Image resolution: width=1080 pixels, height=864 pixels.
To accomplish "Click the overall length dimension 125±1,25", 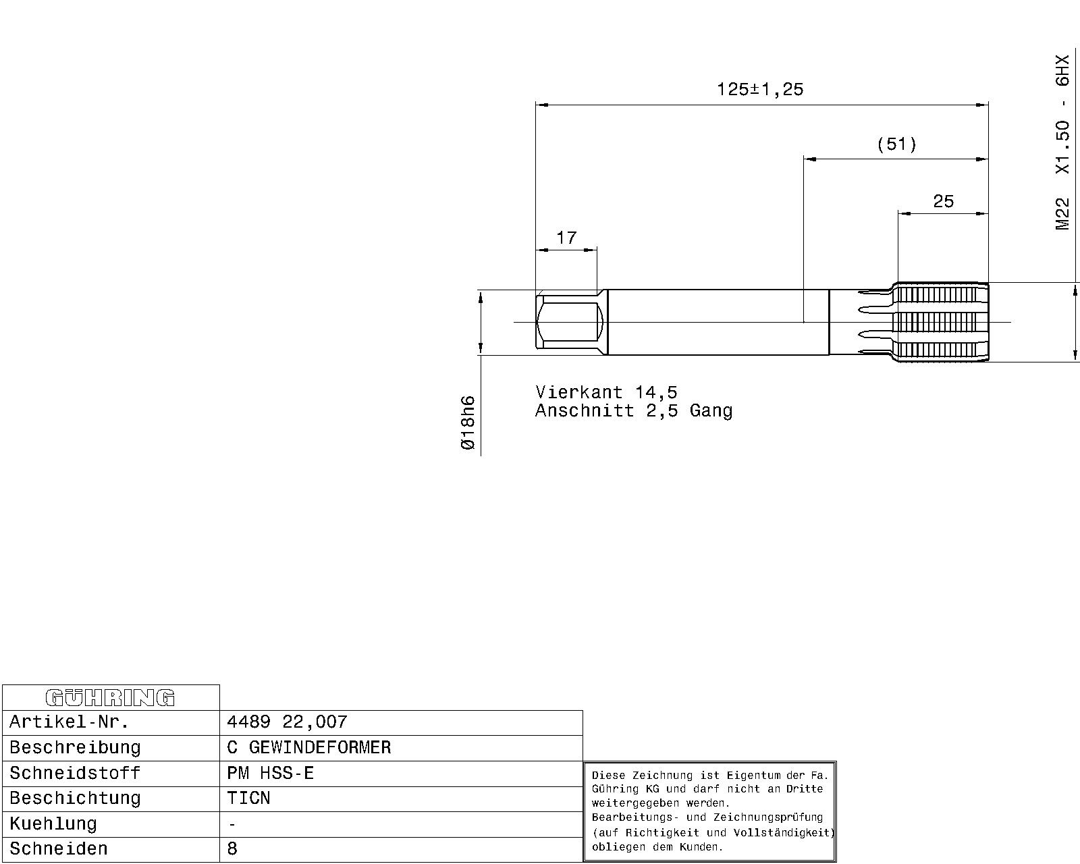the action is tap(760, 89).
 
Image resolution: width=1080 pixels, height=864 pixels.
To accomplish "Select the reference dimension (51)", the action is tap(896, 144).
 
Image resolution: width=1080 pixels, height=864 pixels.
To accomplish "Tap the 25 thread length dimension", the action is tap(943, 201).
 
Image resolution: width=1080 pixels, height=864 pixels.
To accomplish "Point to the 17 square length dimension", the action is tap(566, 238).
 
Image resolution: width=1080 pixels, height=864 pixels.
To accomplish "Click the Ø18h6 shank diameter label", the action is tap(468, 423).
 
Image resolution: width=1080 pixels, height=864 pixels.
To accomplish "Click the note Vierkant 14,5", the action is tap(606, 391).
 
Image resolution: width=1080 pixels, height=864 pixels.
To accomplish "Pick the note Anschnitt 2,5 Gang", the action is tap(634, 410).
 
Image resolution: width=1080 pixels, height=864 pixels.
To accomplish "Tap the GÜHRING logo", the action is tap(110, 698).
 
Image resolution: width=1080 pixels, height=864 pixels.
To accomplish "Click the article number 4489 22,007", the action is tap(287, 722).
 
